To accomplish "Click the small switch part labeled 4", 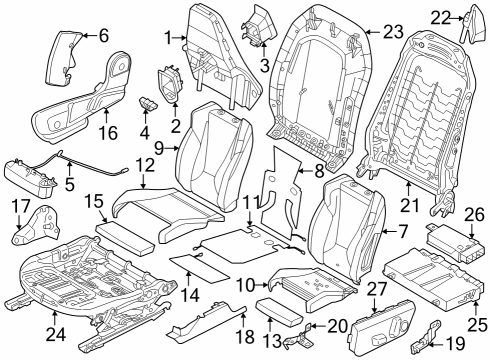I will click(x=151, y=101).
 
